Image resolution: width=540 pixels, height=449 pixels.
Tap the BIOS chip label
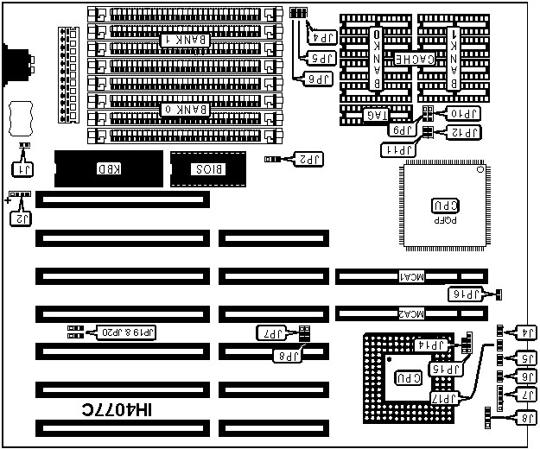pos(208,168)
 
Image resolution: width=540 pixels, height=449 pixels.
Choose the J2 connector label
pos(20,219)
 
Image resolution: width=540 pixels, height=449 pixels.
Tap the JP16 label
pos(468,295)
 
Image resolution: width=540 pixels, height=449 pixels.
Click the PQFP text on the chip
pos(441,220)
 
